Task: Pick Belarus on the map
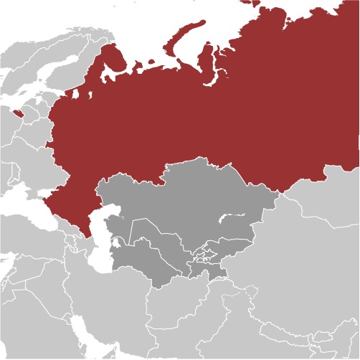[29, 129]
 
